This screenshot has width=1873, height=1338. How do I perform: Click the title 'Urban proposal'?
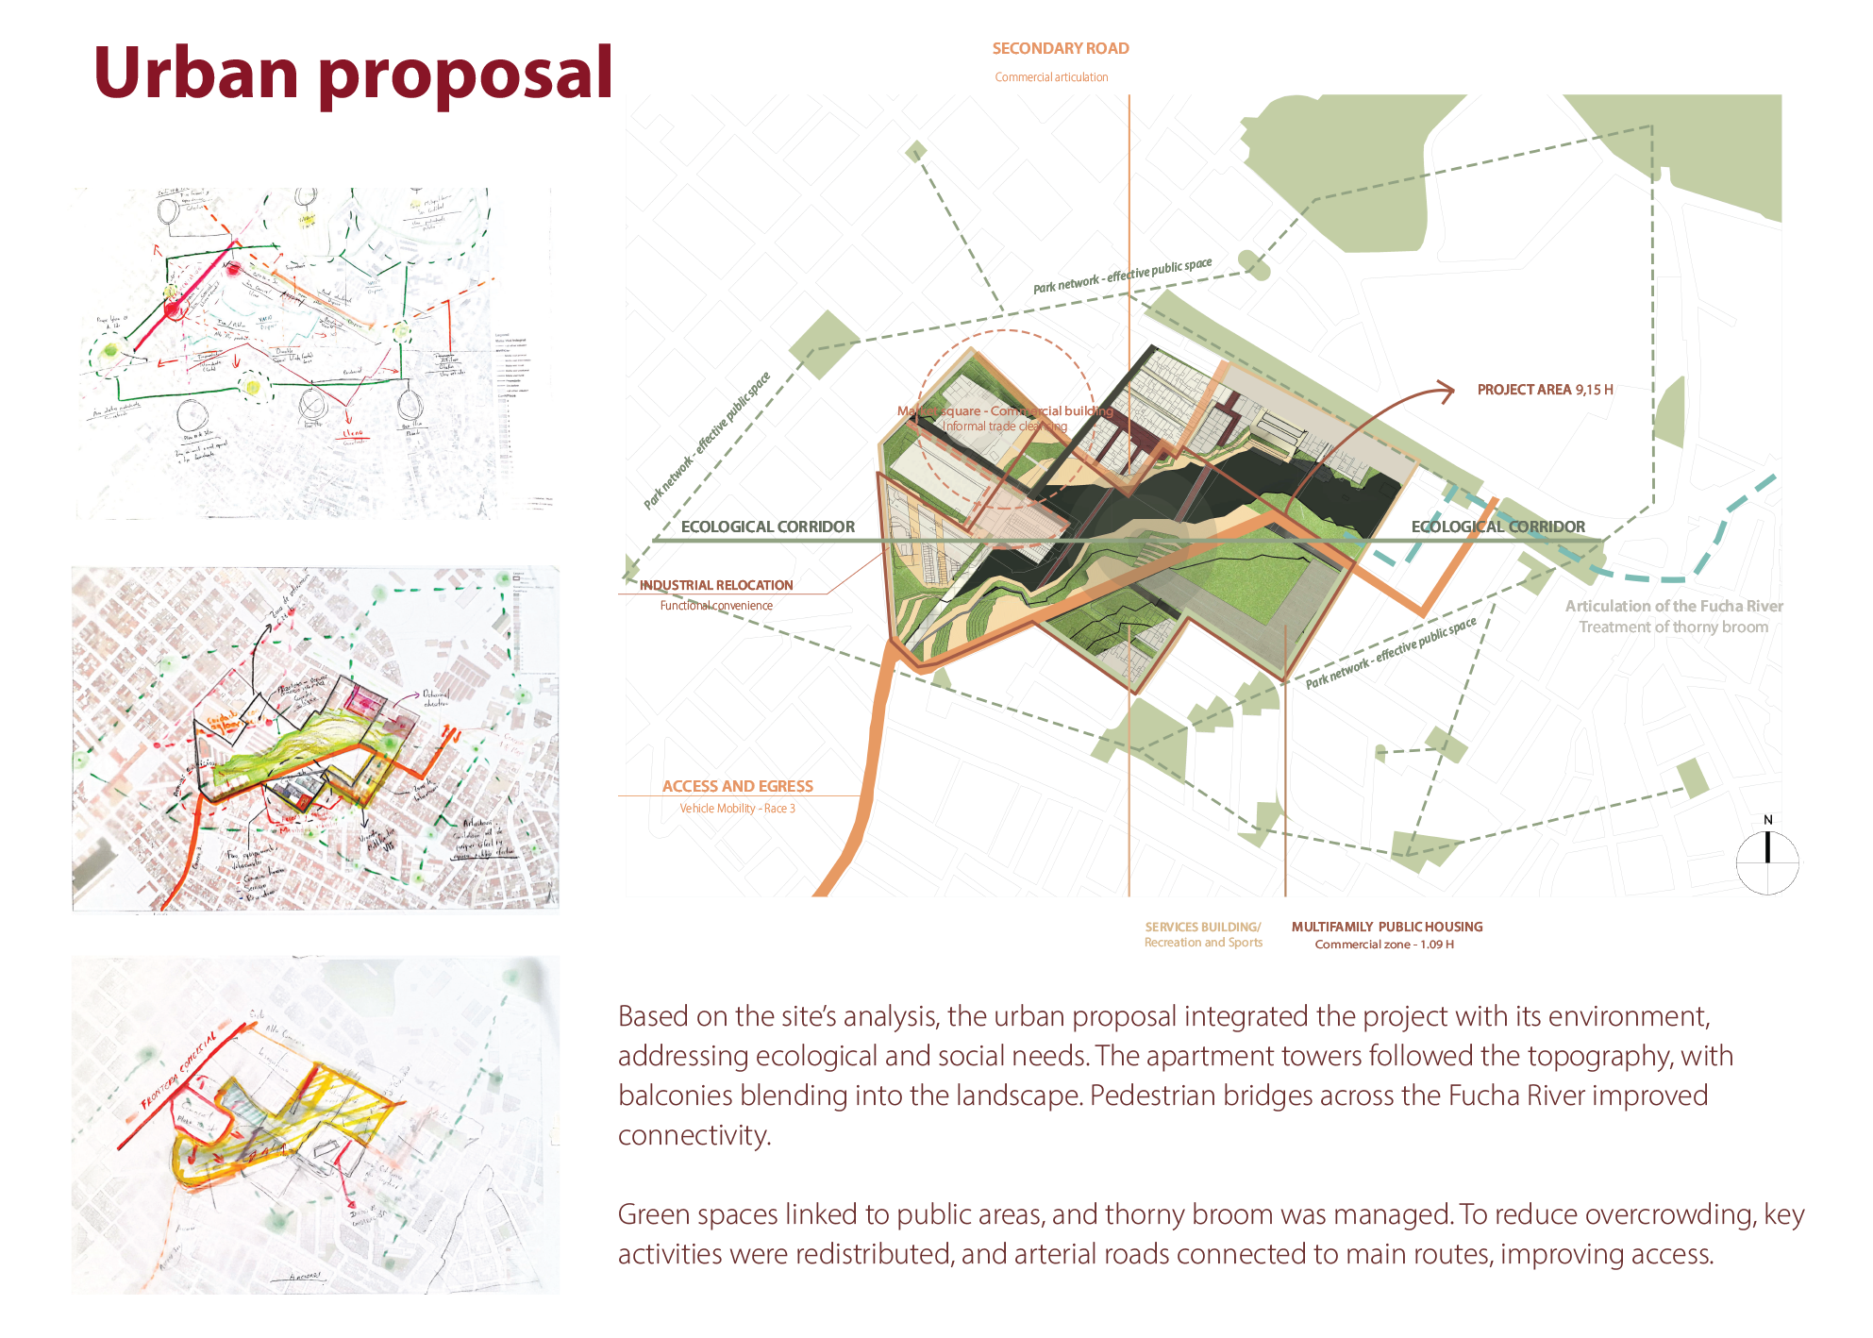coord(353,74)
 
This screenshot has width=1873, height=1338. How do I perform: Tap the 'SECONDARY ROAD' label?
coord(1060,48)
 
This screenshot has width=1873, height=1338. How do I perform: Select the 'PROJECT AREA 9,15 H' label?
coord(1545,390)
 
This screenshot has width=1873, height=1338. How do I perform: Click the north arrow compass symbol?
coord(1767,861)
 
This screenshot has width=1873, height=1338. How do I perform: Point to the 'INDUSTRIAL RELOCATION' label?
coord(716,585)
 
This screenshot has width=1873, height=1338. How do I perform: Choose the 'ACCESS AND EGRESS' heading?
coord(737,786)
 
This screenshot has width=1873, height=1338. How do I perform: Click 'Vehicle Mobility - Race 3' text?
coord(737,809)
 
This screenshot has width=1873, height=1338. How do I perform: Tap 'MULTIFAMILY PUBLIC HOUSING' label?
coord(1386,927)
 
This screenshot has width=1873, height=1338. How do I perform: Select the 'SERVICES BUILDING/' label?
coord(1202,927)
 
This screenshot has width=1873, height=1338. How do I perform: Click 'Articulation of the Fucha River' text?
coord(1674,606)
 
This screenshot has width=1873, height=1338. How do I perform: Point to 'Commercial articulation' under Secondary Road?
coord(1051,77)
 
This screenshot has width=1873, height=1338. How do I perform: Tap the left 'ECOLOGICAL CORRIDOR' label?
coord(767,527)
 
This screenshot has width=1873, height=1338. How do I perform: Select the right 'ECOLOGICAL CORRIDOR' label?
coord(1497,527)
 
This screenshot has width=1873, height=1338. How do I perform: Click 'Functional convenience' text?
coord(716,606)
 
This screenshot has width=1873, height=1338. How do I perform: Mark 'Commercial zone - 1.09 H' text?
coord(1383,945)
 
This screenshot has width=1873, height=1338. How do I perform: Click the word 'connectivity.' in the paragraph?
coord(694,1135)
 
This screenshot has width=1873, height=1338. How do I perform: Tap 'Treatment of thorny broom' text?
coord(1673,627)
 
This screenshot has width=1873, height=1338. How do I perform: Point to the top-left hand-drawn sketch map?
coord(311,354)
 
